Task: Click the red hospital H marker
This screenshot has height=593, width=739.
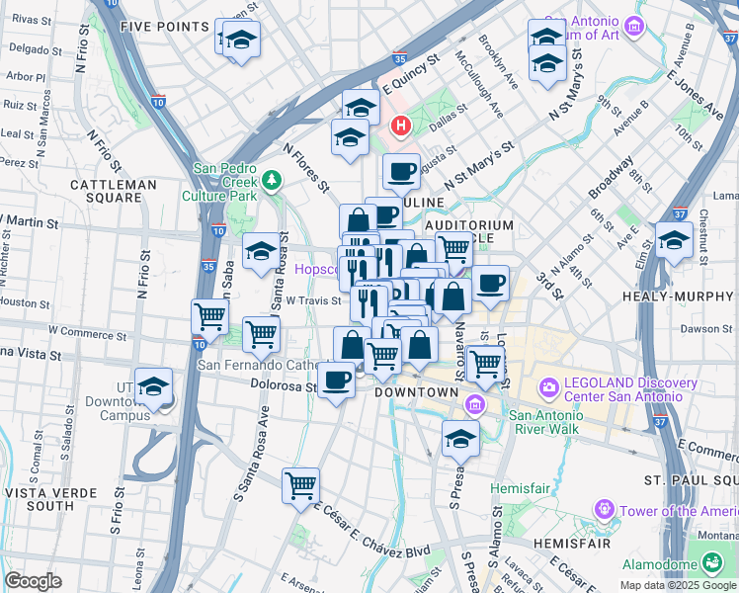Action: pos(400,126)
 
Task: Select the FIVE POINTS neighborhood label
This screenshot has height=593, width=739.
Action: pos(164,27)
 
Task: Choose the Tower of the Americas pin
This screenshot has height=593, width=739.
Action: pos(604,510)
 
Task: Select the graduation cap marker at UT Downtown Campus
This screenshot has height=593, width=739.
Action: pos(153,388)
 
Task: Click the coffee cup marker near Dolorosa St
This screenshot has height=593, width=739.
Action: pos(337,380)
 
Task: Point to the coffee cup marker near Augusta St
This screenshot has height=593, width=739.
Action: pos(401,172)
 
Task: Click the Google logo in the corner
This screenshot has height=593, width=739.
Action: pos(33,581)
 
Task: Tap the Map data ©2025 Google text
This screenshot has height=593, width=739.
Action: pos(678,585)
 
